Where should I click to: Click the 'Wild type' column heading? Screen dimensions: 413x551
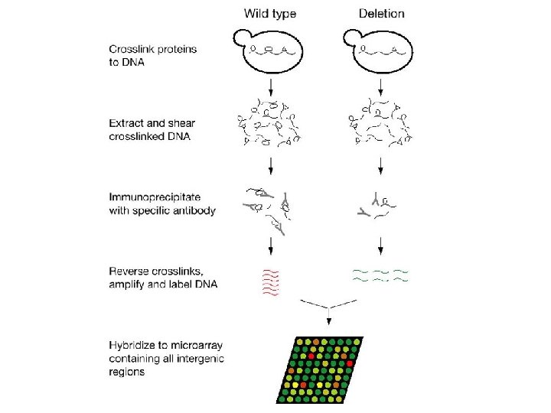[x=271, y=13]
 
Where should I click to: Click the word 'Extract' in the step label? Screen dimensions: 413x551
[x=126, y=122]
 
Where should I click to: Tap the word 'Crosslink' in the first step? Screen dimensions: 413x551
[x=132, y=49]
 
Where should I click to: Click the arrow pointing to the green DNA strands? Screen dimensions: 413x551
[x=381, y=246]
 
